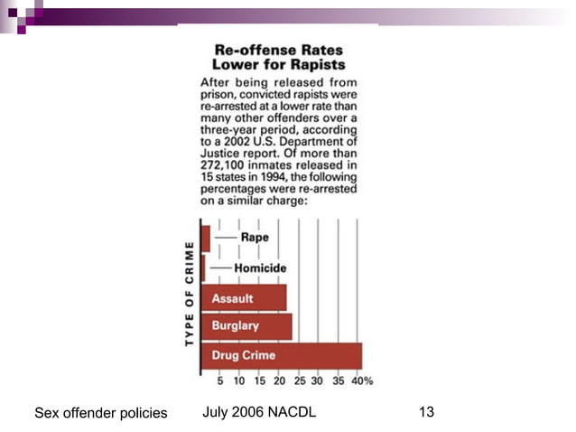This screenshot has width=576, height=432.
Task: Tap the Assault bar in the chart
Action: pos(243,297)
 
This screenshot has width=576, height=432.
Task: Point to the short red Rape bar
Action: pos(206,238)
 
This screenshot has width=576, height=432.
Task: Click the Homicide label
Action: pos(260,268)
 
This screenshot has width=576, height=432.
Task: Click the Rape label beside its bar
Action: pos(255,237)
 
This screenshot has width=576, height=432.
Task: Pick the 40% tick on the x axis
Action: pos(362,380)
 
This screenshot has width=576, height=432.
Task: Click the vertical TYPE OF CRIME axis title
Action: pos(190,295)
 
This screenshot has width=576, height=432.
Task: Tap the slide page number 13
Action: pos(427,413)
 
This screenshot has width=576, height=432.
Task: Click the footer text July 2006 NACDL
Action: pos(259,413)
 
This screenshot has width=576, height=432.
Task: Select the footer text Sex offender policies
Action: pos(100,414)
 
